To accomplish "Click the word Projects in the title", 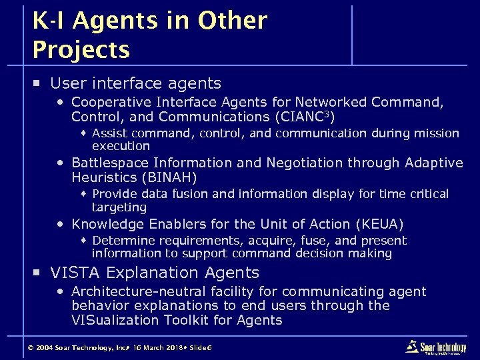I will point(81,49).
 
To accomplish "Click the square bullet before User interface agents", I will point(39,84).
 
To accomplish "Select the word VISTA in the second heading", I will point(73,273).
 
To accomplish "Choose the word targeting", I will point(119,207).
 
